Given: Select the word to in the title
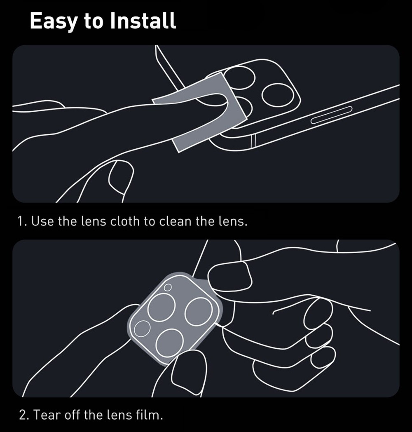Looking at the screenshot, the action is coord(94,21).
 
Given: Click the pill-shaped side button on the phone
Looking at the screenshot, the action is coord(332,115).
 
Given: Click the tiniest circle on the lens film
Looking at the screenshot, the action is coord(167,288).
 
